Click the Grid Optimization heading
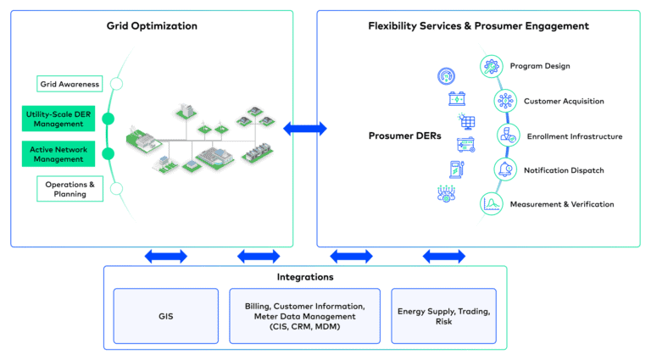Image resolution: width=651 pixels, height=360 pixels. [x=152, y=26]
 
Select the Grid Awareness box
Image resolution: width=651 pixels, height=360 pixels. [x=70, y=84]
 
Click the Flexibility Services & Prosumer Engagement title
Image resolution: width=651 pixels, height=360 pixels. [x=478, y=26]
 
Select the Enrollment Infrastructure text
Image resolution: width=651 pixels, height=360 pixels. [x=574, y=136]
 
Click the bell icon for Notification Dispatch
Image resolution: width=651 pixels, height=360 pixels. [x=506, y=169]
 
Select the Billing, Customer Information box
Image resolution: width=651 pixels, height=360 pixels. [x=305, y=317]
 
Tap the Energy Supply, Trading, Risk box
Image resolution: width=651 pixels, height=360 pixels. [x=443, y=317]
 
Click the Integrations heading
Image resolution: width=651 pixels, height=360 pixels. [x=305, y=277]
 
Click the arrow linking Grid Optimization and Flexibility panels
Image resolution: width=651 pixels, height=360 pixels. [x=305, y=129]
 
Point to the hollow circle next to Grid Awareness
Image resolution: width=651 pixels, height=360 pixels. [x=117, y=84]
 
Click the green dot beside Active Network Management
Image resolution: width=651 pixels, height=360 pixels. [x=108, y=153]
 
